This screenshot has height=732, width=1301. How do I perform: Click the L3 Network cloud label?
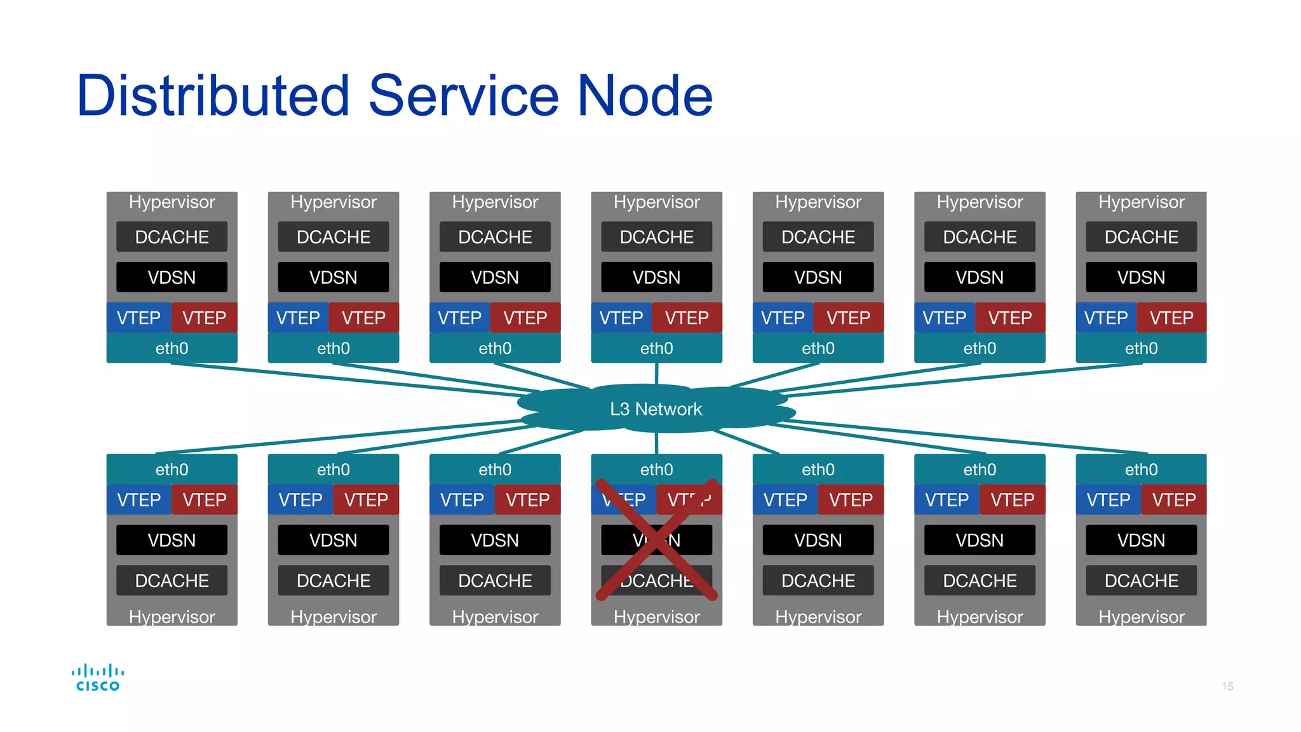coord(656,409)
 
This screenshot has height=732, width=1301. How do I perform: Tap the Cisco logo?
coord(97,677)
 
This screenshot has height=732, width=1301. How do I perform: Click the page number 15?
coord(1227,686)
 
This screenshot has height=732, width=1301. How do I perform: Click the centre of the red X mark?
coord(657,539)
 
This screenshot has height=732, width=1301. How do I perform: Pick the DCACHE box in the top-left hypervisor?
coord(172,237)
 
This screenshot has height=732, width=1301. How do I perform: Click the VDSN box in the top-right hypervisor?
coord(1141,278)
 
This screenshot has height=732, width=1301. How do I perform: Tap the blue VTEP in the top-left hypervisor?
coord(138,318)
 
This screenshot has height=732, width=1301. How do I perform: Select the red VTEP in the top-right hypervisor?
coord(1171,318)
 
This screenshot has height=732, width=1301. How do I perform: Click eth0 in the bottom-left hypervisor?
coord(172,470)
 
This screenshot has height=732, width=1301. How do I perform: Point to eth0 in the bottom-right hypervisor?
coord(1141,470)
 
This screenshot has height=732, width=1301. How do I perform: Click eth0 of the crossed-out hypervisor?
coord(656,470)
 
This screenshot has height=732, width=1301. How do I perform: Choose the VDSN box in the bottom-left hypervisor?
coord(172,540)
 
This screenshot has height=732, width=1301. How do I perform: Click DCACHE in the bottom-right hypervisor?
coord(1141,581)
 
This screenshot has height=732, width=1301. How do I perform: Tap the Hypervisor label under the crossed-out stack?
coord(656,616)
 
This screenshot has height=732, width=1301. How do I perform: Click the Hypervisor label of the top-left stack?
coord(172,202)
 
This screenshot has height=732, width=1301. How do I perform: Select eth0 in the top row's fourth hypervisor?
coord(656,348)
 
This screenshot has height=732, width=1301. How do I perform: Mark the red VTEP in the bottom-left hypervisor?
coord(205,500)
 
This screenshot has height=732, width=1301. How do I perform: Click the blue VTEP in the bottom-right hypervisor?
coord(1108,500)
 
